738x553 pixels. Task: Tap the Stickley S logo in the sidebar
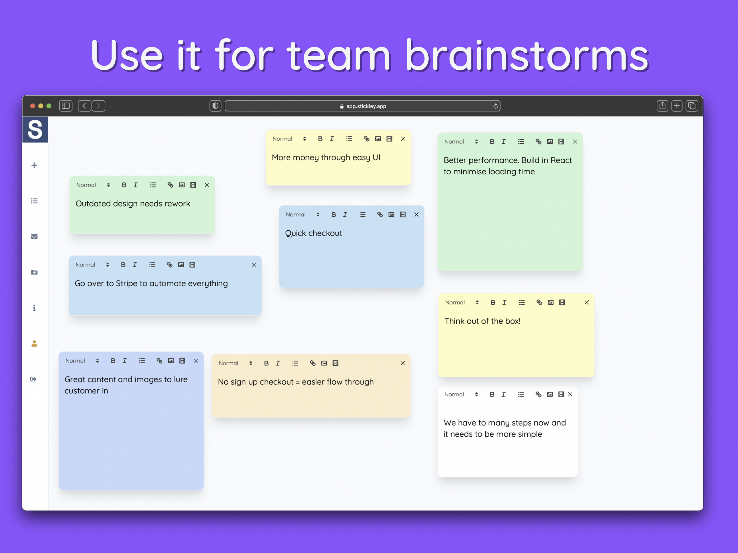pos(35,129)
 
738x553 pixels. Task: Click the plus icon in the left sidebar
pos(34,165)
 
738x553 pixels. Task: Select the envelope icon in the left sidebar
pos(34,236)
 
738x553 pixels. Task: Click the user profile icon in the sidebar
pos(34,344)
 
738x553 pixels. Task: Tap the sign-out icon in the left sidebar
pos(33,379)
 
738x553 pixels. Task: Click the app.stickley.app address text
pos(366,106)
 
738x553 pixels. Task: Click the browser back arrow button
pos(84,106)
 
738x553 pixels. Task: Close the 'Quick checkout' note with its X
pos(416,214)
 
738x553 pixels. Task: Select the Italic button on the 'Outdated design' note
pos(135,185)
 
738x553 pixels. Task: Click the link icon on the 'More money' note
pos(366,139)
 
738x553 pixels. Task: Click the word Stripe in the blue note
pos(126,284)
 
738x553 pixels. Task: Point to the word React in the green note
pos(561,160)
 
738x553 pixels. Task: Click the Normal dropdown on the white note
pos(461,394)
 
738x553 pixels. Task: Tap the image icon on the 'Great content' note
pos(171,361)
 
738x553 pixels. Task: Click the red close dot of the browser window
pos(33,106)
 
